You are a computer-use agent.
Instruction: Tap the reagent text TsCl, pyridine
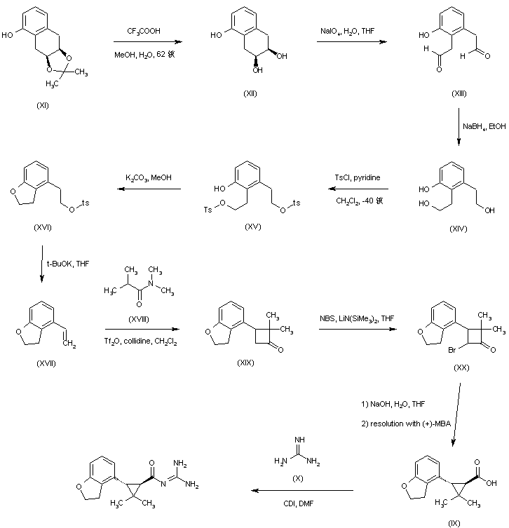click(357, 178)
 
